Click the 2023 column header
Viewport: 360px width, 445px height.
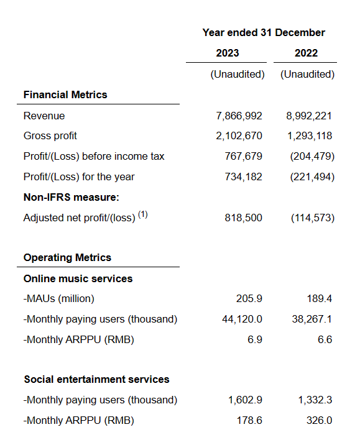pyautogui.click(x=228, y=53)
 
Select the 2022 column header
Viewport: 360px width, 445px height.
pyautogui.click(x=306, y=53)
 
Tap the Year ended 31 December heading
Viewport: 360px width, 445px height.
pyautogui.click(x=264, y=33)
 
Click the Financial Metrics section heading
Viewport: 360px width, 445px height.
pyautogui.click(x=65, y=94)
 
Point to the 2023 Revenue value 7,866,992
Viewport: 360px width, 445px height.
pyautogui.click(x=239, y=116)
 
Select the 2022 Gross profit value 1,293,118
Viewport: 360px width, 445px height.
pyautogui.click(x=310, y=135)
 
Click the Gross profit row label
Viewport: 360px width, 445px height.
pyautogui.click(x=50, y=136)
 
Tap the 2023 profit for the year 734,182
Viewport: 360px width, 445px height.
pyautogui.click(x=244, y=177)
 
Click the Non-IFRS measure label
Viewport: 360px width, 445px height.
pyautogui.click(x=72, y=197)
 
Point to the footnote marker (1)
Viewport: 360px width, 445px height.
pyautogui.click(x=143, y=214)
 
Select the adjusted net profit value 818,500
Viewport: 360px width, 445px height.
pyautogui.click(x=244, y=218)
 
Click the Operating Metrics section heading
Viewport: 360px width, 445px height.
pyautogui.click(x=67, y=257)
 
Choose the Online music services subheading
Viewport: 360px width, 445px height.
pyautogui.click(x=78, y=278)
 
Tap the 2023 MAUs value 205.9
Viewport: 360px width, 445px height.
pyautogui.click(x=249, y=298)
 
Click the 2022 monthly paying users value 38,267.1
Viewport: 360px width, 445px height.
pyautogui.click(x=312, y=319)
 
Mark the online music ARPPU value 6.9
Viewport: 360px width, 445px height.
pyautogui.click(x=255, y=339)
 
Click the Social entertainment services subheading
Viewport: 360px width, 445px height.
pyautogui.click(x=96, y=380)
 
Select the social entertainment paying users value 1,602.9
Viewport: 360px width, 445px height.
pyautogui.click(x=246, y=400)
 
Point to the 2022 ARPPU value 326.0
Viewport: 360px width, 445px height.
pyautogui.click(x=319, y=420)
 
